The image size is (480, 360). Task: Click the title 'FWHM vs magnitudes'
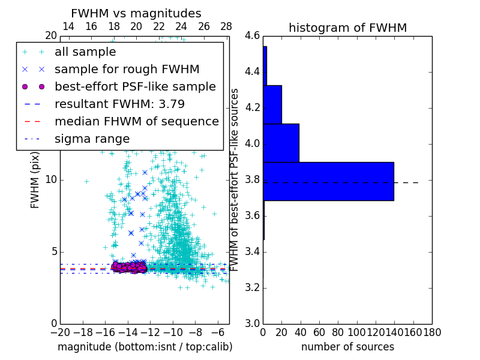136,13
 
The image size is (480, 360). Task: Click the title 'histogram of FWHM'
347,28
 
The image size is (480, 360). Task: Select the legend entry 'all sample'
85,52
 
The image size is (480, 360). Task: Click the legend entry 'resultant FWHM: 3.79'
119,104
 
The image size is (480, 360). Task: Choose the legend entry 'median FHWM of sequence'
136,121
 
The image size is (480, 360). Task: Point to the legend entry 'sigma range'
92,139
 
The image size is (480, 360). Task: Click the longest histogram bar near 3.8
328,181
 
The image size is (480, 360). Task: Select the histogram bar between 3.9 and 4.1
281,143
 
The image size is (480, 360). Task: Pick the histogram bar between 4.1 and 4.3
272,104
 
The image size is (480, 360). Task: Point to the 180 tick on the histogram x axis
432,332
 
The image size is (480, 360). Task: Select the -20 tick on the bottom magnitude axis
60,332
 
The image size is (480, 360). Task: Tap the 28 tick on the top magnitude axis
226,27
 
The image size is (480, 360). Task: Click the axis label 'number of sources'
347,347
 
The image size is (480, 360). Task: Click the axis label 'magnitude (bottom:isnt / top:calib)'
145,347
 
